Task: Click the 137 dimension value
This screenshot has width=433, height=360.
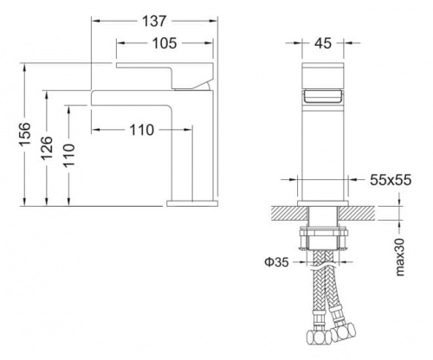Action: [x=154, y=21]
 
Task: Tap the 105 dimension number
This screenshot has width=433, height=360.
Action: [x=165, y=43]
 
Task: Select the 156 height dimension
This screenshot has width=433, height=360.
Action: [x=25, y=134]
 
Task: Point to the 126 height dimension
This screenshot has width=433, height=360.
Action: [x=47, y=148]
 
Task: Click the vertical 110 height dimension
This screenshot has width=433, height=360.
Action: [x=69, y=155]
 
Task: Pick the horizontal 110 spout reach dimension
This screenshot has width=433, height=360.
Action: [x=142, y=130]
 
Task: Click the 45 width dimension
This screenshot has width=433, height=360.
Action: [x=323, y=43]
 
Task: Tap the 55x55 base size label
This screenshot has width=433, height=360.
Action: [x=391, y=180]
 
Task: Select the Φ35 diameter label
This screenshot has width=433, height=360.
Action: [x=276, y=262]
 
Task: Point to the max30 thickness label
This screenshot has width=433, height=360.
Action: [x=400, y=257]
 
